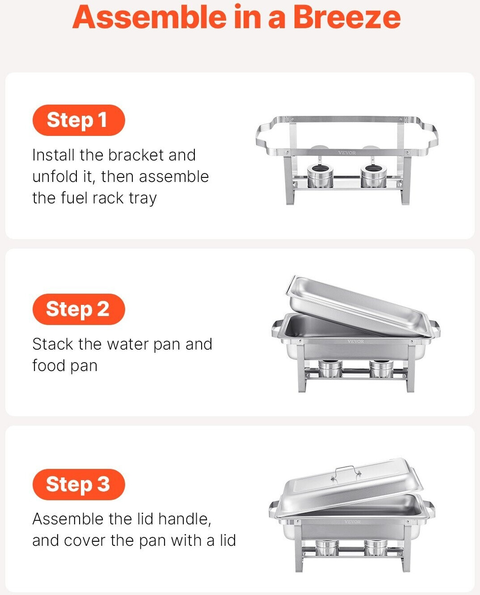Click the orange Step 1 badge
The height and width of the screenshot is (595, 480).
click(x=79, y=120)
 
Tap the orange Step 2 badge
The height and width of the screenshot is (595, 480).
click(x=79, y=309)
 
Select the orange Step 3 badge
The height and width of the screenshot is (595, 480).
click(x=79, y=485)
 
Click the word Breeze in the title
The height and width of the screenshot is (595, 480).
click(x=347, y=17)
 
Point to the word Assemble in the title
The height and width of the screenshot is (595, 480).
click(x=149, y=17)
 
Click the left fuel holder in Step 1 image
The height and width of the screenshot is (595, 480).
click(x=320, y=176)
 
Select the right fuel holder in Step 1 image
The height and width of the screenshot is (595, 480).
click(x=374, y=176)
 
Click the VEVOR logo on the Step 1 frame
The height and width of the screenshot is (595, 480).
click(x=347, y=152)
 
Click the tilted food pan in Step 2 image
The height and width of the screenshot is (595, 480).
click(x=358, y=306)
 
